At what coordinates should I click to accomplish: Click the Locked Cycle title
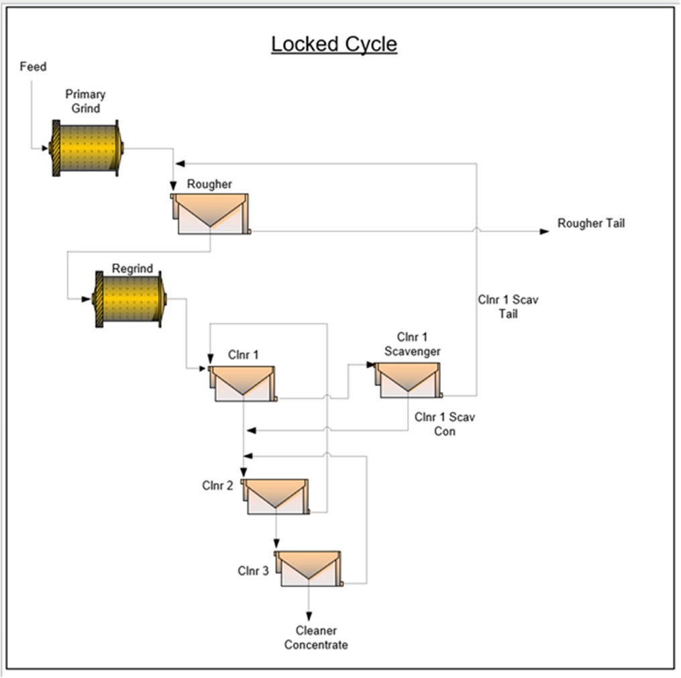click(x=334, y=44)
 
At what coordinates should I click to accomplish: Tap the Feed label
click(x=33, y=67)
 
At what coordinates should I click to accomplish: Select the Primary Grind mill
click(x=87, y=148)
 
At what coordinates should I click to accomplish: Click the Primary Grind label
click(x=85, y=101)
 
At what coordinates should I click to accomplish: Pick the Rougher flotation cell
click(x=211, y=213)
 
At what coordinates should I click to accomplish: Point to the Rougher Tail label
click(x=590, y=224)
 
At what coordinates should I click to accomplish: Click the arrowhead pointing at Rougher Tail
click(x=544, y=231)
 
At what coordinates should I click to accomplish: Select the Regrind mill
click(x=130, y=299)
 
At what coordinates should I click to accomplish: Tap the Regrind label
click(x=132, y=269)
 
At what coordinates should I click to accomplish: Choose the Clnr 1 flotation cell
click(x=243, y=383)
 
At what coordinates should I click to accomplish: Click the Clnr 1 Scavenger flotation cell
click(x=408, y=380)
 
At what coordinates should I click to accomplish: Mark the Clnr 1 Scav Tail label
click(x=507, y=307)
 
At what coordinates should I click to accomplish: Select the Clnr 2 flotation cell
click(x=276, y=496)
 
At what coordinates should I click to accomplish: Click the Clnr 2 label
click(x=217, y=485)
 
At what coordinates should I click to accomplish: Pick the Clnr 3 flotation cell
click(x=309, y=569)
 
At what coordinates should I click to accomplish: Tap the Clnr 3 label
click(x=253, y=571)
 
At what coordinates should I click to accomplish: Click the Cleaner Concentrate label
click(x=316, y=638)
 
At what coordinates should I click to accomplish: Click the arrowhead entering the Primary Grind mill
click(x=45, y=148)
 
